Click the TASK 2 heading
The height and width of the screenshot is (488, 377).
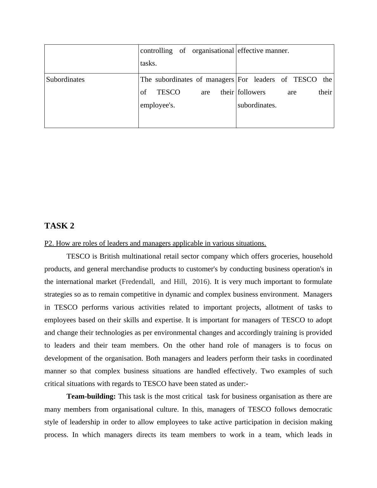(59, 226)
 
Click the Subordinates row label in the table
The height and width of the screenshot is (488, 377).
(65, 80)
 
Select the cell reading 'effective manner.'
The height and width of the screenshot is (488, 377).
(263, 51)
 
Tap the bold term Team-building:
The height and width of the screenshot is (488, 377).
(91, 396)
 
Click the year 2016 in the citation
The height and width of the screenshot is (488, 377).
(200, 282)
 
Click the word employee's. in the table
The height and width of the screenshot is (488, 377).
(157, 105)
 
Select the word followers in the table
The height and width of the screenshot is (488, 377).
(252, 92)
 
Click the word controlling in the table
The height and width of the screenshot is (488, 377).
(156, 51)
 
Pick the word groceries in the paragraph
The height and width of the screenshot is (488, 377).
(285, 256)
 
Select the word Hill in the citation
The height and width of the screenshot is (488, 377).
(180, 282)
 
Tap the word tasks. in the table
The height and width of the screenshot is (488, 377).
(148, 63)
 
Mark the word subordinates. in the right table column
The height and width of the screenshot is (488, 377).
(257, 105)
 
